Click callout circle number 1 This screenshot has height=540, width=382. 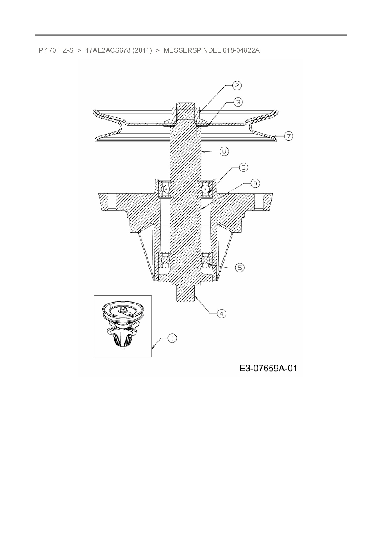point(172,338)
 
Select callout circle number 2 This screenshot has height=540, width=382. point(237,85)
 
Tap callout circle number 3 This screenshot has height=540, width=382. point(238,102)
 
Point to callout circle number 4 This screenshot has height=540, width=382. point(221,314)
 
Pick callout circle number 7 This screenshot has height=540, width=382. point(288,136)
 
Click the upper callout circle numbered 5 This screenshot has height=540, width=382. point(243,167)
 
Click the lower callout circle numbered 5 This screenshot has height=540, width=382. point(240,268)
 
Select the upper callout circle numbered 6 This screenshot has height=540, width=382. point(224,151)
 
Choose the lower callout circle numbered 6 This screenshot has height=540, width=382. point(255,183)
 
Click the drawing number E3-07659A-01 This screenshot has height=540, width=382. point(268,368)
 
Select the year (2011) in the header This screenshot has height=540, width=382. point(142,50)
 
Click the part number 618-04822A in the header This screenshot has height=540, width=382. point(241,50)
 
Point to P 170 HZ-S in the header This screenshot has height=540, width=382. point(56,50)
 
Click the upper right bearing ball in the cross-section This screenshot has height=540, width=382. point(205,189)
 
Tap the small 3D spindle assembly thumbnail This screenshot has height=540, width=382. point(122,326)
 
